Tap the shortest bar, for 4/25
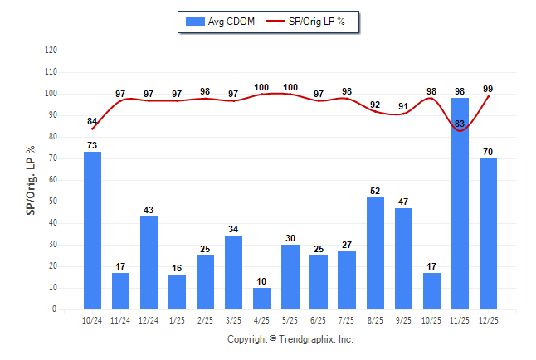tap(262, 299)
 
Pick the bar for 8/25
tap(375, 253)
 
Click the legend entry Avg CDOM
tap(217, 21)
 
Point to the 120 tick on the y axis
tap(51, 51)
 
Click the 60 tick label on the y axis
tap(53, 180)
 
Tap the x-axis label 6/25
tap(319, 319)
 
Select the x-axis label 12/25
tap(489, 319)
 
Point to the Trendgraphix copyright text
tap(290, 339)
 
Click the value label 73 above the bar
tap(92, 146)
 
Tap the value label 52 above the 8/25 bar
tap(375, 192)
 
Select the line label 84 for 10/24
tap(92, 122)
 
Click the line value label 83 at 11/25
tap(460, 124)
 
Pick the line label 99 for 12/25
tap(488, 89)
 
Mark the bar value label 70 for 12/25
tap(488, 153)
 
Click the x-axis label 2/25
tap(206, 319)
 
